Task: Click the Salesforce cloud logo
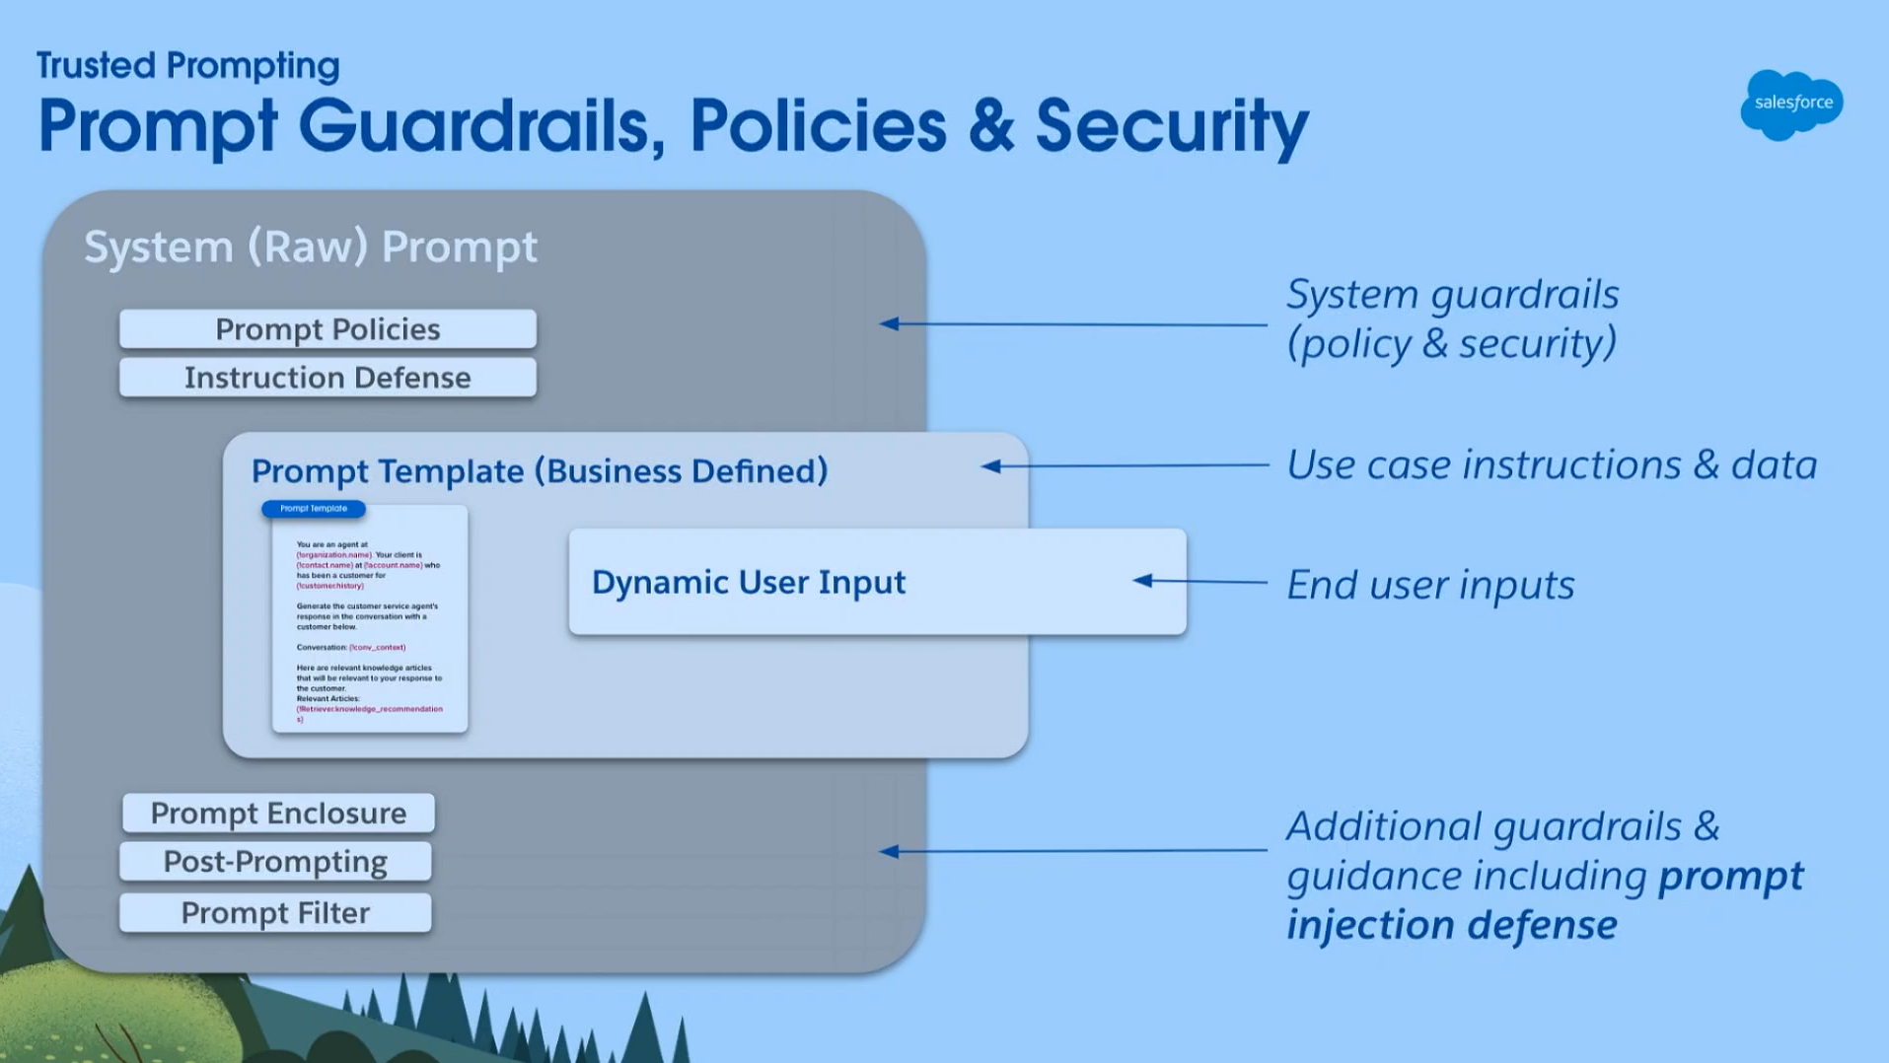tap(1791, 104)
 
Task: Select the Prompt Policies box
tap(327, 329)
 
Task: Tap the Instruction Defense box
tap(327, 378)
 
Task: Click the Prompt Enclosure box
tap(278, 814)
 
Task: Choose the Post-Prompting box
tap(275, 862)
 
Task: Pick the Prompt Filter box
tap(275, 913)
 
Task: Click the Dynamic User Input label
tap(748, 582)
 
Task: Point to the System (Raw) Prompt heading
tap(310, 247)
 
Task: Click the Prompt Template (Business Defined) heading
tap(539, 471)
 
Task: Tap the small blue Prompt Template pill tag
tap(314, 509)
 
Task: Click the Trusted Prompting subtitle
tap(187, 66)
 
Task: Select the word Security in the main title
tap(1172, 126)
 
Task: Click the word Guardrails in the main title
tap(481, 126)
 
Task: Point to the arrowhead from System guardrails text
tap(890, 323)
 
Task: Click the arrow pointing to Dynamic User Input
tap(1144, 581)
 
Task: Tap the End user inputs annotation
tap(1430, 585)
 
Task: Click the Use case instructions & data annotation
tap(1551, 464)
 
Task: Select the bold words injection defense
tap(1451, 925)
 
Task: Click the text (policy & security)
tap(1451, 343)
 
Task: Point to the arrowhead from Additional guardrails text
tap(890, 851)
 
